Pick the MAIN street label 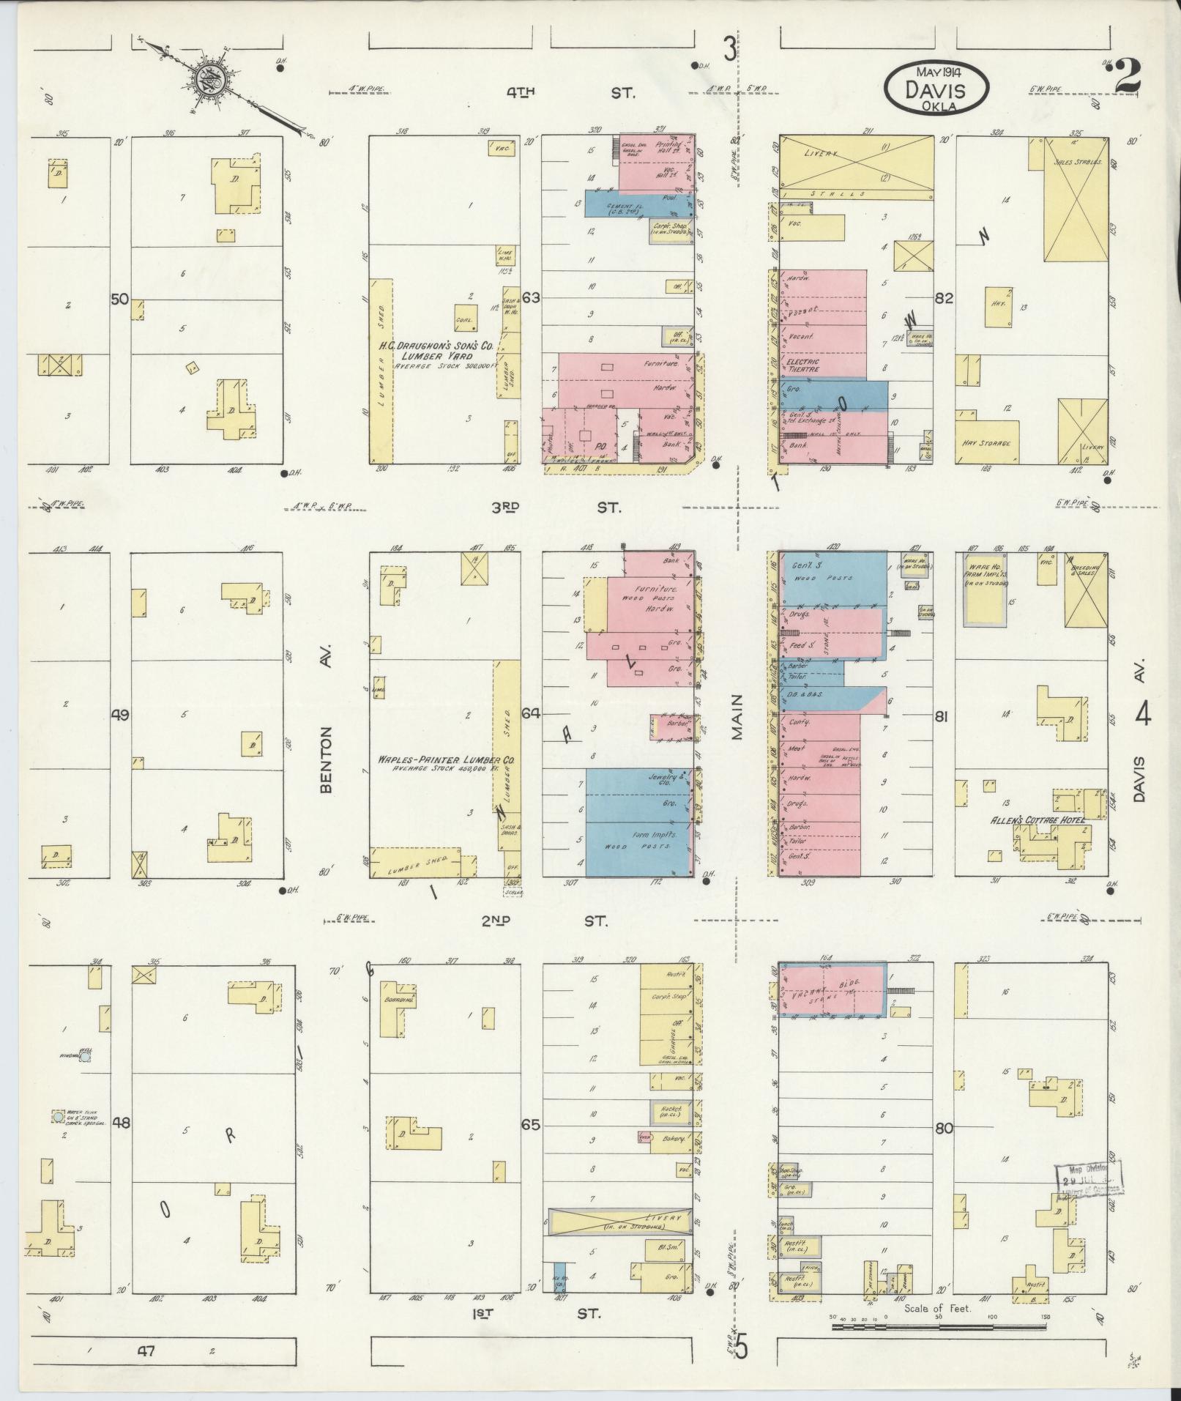(736, 716)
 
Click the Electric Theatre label (803, 365)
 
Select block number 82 (945, 298)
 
